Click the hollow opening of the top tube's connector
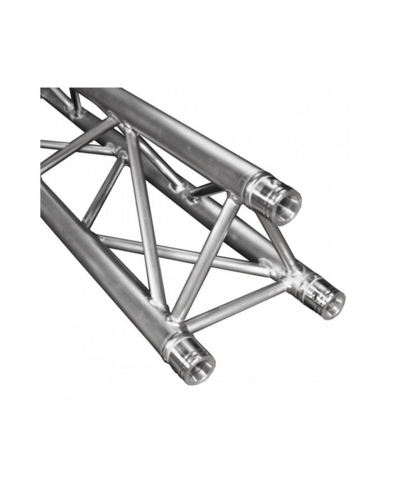(x=288, y=202)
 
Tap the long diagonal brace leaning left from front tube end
(x=145, y=219)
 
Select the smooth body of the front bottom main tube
(x=95, y=253)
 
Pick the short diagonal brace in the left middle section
(x=104, y=191)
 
